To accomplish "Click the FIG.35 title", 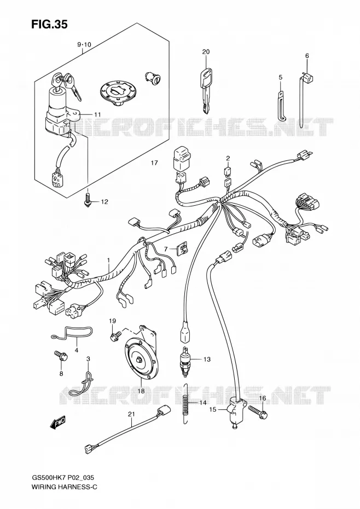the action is [x=49, y=24].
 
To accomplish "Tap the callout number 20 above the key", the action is [x=206, y=51].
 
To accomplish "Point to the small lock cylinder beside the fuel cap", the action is [x=152, y=77].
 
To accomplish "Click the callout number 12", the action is [x=104, y=201].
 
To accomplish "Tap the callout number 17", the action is [x=154, y=163].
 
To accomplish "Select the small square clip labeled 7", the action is [x=182, y=249].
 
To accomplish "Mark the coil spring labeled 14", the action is [x=185, y=403].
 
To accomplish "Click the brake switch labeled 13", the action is [x=185, y=361].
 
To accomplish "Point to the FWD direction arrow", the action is [x=58, y=421].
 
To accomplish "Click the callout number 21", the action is [x=131, y=414].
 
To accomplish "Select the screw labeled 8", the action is [x=61, y=355].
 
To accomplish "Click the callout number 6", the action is [x=307, y=56].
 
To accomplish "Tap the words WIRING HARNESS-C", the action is [x=64, y=495].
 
